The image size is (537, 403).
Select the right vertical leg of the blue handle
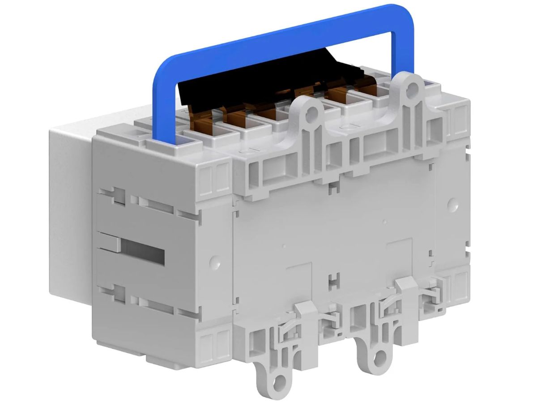394,49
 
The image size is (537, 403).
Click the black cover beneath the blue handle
251,81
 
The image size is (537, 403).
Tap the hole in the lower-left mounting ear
280,381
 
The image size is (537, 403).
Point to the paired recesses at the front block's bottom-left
215,345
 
